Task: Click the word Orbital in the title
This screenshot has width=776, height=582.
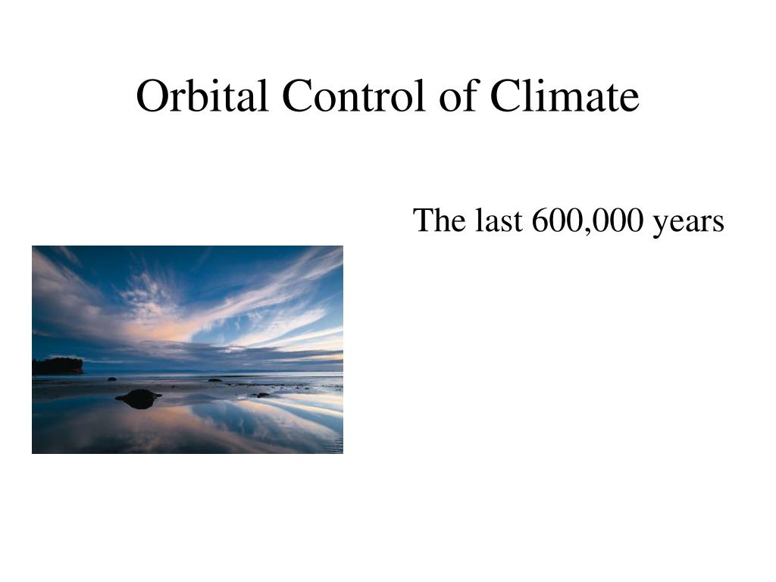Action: (x=202, y=95)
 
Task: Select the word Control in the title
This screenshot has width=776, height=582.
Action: (x=354, y=95)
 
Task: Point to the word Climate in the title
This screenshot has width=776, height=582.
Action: (x=565, y=95)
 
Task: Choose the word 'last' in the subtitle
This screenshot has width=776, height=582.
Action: (x=499, y=220)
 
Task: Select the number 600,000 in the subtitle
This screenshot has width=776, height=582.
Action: (x=587, y=221)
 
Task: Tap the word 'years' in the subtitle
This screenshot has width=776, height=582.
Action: (x=688, y=224)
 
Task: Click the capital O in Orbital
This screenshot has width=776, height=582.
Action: (x=153, y=96)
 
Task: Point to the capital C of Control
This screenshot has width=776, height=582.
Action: (x=298, y=96)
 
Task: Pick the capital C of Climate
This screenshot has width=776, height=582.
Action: (x=506, y=96)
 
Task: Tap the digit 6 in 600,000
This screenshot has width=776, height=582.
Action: (x=541, y=221)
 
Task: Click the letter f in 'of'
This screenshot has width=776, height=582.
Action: (x=471, y=95)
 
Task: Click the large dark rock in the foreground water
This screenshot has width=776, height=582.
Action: (x=139, y=399)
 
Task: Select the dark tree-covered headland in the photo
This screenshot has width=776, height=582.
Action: (x=58, y=366)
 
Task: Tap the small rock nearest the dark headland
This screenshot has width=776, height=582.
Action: (x=112, y=379)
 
